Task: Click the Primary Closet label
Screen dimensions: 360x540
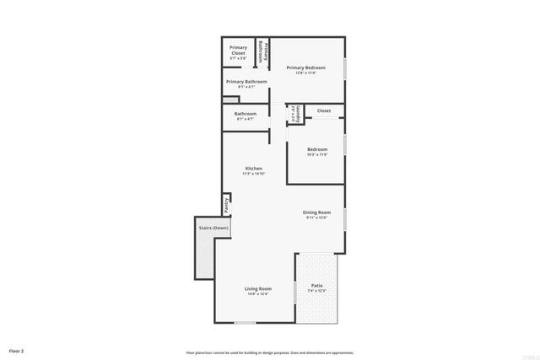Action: (238, 50)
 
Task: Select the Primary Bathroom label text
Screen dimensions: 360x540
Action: (246, 82)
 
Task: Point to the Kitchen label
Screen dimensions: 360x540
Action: (254, 169)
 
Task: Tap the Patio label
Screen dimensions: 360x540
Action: (317, 286)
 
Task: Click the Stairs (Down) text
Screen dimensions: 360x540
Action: (213, 228)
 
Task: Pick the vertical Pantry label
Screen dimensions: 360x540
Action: (227, 204)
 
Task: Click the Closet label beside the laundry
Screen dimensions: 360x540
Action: (324, 110)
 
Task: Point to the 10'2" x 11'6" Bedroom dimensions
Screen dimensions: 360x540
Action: (317, 154)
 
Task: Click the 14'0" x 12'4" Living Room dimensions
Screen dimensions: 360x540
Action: (257, 293)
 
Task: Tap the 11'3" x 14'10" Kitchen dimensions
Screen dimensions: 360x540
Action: (254, 174)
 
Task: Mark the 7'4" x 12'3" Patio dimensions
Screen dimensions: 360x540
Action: (317, 291)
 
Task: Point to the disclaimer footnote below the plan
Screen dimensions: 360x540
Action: (270, 352)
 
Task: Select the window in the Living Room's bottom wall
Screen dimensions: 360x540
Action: (245, 322)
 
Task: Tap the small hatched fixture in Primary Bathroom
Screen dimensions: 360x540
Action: (226, 99)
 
